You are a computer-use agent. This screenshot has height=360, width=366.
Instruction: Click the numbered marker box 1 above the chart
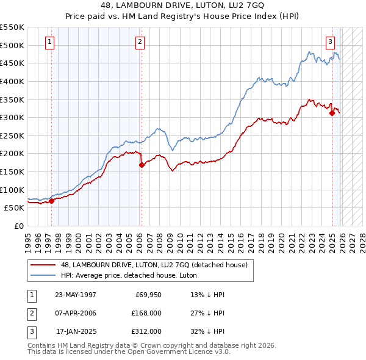49,42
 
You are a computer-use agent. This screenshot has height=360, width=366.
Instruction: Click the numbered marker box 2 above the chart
140,42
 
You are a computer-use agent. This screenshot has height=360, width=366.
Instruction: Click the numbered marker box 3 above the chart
330,42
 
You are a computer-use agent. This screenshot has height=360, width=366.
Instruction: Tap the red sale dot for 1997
52,200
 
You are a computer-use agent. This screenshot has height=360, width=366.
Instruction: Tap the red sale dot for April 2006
141,165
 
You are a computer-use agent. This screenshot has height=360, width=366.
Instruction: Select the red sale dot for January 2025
331,113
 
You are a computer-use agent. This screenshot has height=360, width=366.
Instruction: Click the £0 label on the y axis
18,226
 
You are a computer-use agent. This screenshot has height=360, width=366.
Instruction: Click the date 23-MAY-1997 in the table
76,294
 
